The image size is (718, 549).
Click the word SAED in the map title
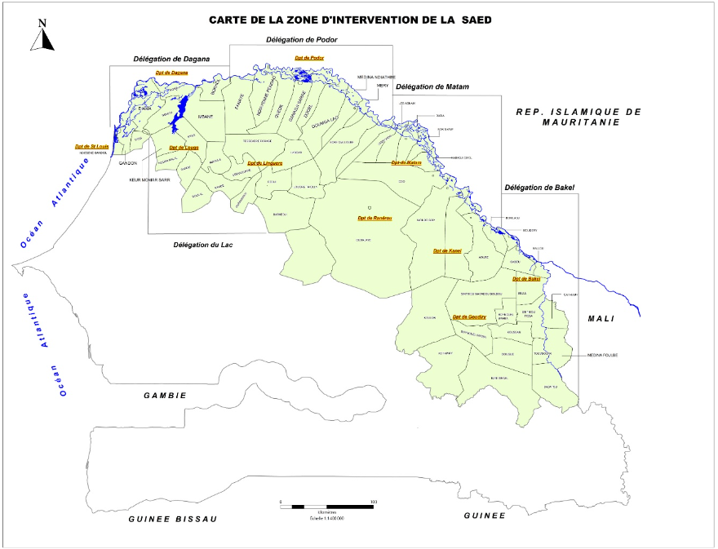point(477,20)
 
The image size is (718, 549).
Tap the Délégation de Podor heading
point(302,40)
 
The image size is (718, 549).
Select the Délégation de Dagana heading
point(171,59)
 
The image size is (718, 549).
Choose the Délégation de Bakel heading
point(539,188)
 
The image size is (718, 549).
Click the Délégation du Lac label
point(204,245)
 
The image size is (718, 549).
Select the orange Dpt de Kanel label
point(447,250)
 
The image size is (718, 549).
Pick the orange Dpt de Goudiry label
point(469,317)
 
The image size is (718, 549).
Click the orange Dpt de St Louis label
point(91,147)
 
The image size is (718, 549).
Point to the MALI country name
point(601,318)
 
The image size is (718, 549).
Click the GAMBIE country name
point(165,396)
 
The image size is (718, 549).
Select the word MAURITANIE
point(581,122)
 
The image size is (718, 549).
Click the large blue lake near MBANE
point(182,108)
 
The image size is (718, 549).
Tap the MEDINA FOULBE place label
point(602,355)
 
